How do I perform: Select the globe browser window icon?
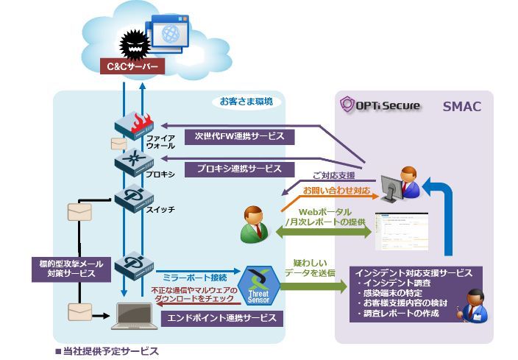171,33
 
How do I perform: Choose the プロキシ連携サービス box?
239,169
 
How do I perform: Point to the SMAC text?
461,107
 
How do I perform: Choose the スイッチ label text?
161,210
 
